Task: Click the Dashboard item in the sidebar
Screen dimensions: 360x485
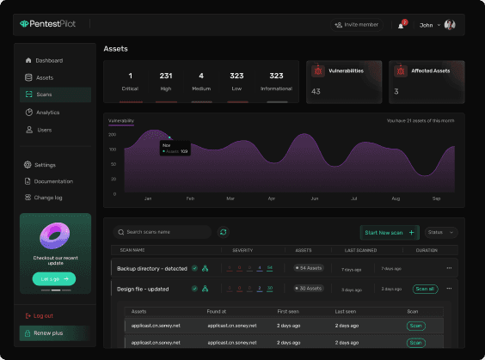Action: [48, 60]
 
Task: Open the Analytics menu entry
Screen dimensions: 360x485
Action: [47, 112]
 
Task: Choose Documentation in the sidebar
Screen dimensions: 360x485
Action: [53, 181]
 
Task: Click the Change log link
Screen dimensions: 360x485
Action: [48, 198]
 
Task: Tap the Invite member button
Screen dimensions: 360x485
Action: [357, 25]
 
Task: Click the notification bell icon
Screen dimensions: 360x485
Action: [401, 26]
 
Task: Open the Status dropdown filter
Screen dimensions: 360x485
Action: [441, 232]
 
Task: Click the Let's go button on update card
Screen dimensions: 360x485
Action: [54, 278]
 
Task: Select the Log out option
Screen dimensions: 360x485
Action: [43, 315]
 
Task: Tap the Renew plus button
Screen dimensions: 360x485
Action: [48, 333]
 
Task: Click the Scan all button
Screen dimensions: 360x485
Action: [425, 289]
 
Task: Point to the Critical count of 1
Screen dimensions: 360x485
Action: [130, 76]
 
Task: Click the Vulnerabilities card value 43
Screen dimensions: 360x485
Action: [316, 91]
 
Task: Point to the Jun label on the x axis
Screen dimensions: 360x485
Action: [314, 198]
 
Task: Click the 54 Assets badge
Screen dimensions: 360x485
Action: [307, 268]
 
